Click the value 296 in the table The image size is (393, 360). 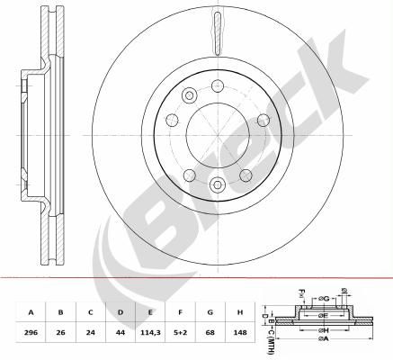[x=31, y=332]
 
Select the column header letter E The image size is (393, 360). [x=150, y=312]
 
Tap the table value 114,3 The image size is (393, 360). [x=150, y=332]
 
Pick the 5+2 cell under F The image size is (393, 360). [x=180, y=332]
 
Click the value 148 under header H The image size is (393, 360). [x=240, y=332]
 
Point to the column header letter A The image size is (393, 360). [x=31, y=312]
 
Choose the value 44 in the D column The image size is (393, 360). [x=121, y=332]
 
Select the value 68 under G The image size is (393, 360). [x=210, y=332]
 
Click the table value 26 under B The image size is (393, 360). [x=60, y=332]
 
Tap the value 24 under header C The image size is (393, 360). [x=91, y=332]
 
